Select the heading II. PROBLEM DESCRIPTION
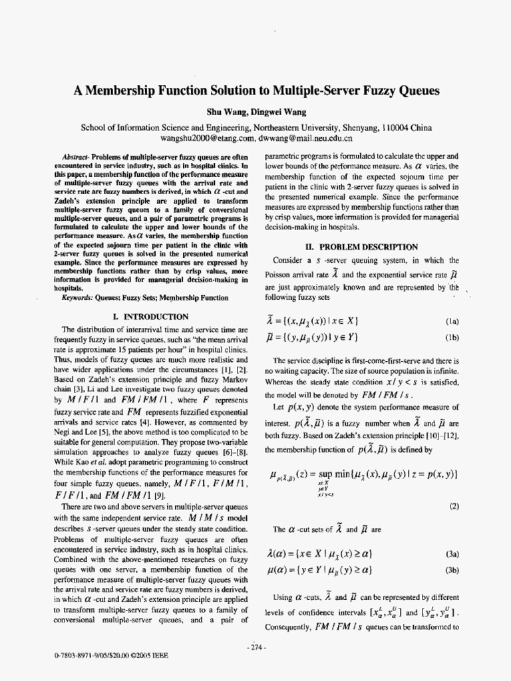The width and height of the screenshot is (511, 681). [361, 247]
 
